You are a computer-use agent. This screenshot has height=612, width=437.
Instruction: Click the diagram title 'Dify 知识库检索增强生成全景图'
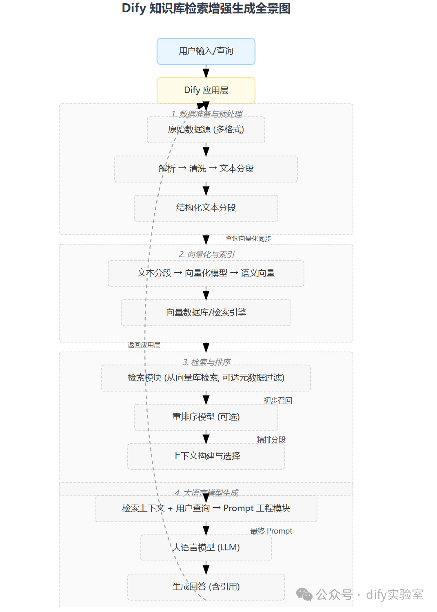[206, 9]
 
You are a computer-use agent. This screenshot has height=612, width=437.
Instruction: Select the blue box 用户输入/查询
[206, 51]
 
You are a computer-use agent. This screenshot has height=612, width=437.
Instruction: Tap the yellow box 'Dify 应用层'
[206, 90]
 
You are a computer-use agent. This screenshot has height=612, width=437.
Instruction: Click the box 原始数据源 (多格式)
[206, 130]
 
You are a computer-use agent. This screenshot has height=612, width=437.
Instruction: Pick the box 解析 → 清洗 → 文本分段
[206, 169]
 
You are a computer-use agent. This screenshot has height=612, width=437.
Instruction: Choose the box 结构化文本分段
[206, 208]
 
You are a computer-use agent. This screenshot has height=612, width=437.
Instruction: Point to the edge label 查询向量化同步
[248, 239]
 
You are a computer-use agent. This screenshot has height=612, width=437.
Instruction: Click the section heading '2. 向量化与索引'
[206, 255]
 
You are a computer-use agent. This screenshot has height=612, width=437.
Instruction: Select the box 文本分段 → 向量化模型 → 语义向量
[206, 273]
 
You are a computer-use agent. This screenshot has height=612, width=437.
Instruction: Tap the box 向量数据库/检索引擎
[206, 312]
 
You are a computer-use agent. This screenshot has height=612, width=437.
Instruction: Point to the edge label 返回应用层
[144, 345]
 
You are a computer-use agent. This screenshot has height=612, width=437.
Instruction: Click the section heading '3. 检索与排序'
[206, 362]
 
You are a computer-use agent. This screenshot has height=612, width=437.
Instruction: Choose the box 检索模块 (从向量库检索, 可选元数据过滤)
[206, 378]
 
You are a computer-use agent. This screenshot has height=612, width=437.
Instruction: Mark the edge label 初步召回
[277, 401]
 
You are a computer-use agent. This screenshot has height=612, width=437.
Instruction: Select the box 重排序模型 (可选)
[206, 417]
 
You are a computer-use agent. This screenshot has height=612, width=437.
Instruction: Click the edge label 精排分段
[271, 440]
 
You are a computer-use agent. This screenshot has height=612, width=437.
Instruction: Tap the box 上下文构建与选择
[206, 456]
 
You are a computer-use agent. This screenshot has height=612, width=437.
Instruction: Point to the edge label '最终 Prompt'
[271, 531]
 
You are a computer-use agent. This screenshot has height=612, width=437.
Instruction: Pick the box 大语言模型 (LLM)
[206, 547]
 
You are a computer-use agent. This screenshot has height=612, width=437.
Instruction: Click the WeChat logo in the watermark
[304, 594]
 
